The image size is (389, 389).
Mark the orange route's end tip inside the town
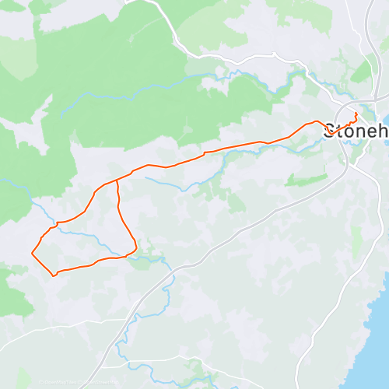[356, 114]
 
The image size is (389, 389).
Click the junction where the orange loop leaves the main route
[117, 180]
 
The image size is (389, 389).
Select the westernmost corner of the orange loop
[32, 253]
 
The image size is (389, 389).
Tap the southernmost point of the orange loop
[54, 275]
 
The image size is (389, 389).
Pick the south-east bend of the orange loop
[136, 249]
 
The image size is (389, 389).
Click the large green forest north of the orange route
[117, 78]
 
